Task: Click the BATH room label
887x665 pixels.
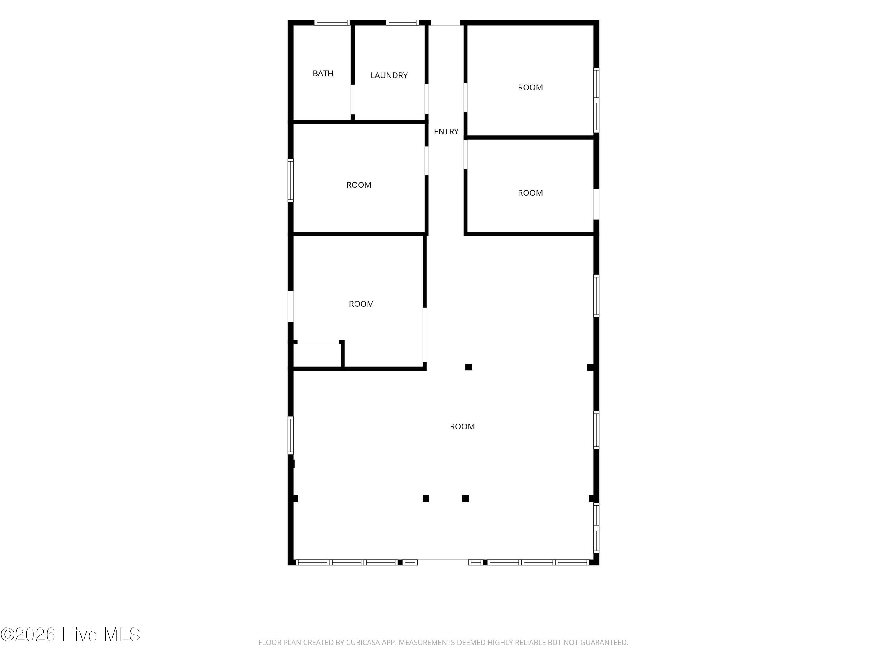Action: click(x=323, y=73)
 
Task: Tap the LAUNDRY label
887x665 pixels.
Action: click(x=389, y=75)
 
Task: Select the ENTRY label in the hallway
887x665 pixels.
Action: click(x=446, y=132)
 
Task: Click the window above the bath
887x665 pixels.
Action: click(x=332, y=22)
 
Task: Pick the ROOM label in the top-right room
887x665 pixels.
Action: click(x=530, y=87)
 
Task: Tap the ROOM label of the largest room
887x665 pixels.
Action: click(x=462, y=426)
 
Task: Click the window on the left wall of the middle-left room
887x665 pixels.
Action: click(x=291, y=180)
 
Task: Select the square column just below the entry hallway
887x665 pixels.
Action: click(x=468, y=367)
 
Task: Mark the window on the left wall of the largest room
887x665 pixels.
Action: click(x=291, y=435)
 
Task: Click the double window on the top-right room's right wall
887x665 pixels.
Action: click(x=596, y=100)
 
